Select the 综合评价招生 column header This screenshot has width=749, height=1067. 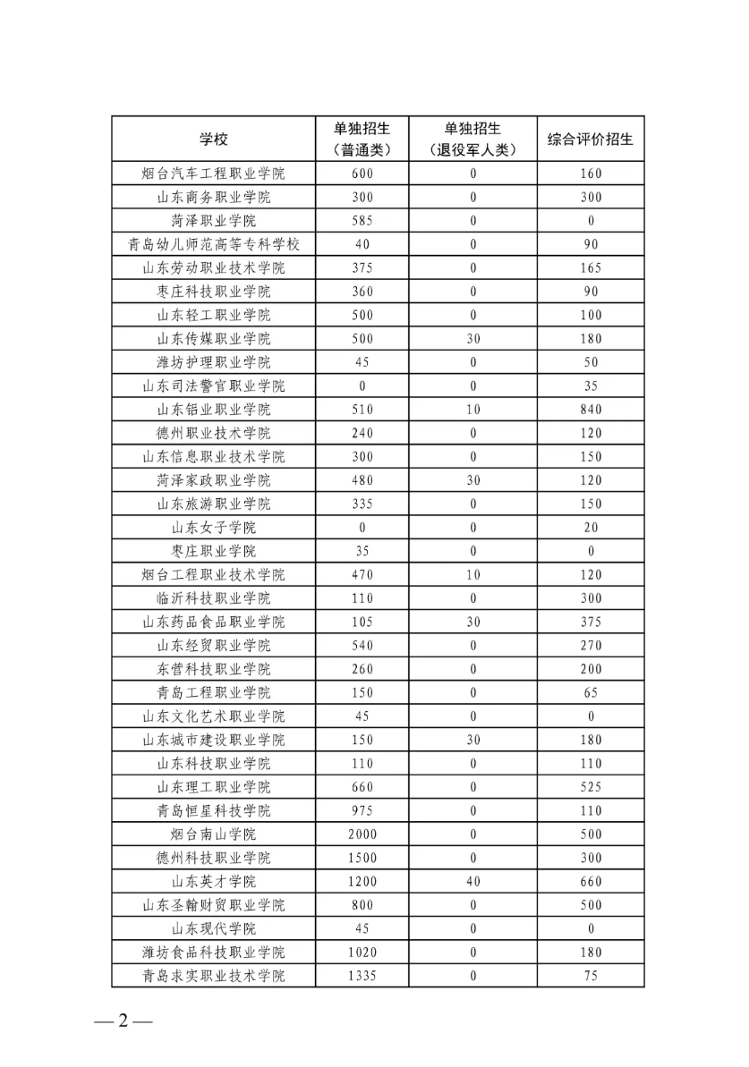[590, 139]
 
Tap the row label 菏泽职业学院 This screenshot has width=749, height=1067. [213, 221]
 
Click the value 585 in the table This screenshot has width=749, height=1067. [362, 221]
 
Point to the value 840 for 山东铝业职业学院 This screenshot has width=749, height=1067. [591, 410]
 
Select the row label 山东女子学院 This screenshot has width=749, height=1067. [213, 528]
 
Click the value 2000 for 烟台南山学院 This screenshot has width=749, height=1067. [362, 834]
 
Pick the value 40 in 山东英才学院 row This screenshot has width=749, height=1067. [473, 882]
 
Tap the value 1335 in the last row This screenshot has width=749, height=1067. [362, 976]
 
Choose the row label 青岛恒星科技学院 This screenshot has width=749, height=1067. [213, 811]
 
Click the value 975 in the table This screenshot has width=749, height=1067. [362, 811]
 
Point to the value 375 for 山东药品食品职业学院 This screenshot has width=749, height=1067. [591, 622]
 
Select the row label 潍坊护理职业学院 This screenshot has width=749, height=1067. [213, 362]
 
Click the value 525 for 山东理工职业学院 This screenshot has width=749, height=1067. [591, 787]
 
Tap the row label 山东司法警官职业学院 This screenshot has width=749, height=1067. [213, 386]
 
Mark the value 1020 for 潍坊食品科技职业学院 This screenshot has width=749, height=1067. [362, 953]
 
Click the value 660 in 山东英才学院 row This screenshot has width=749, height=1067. [591, 882]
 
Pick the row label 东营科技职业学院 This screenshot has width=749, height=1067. [213, 669]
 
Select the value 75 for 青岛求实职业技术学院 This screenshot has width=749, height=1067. [591, 976]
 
